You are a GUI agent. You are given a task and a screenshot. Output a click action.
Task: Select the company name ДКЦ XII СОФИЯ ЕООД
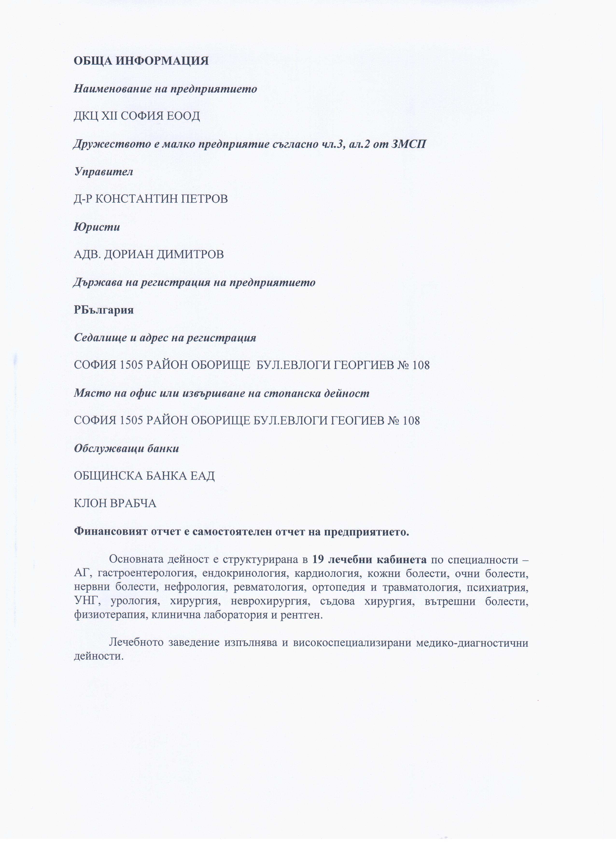click(x=137, y=116)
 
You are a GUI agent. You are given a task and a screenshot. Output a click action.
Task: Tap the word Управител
click(x=104, y=171)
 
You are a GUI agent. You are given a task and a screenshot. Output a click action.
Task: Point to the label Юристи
click(x=97, y=227)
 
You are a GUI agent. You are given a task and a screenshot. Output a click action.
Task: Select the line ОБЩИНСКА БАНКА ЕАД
click(x=144, y=476)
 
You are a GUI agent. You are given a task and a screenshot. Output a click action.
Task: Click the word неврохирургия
click(x=270, y=601)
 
